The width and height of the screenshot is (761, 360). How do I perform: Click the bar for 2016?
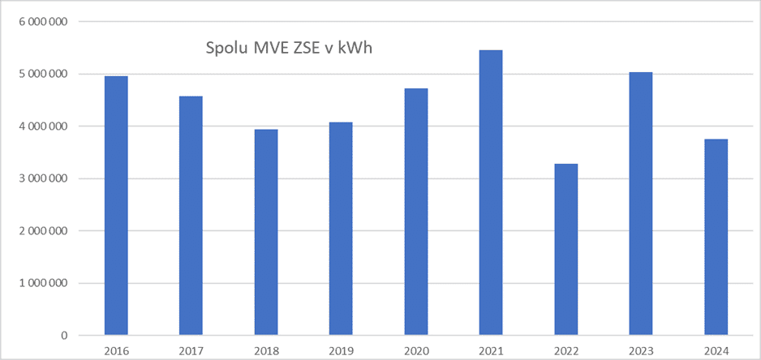(116, 205)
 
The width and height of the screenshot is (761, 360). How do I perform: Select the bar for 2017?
(191, 216)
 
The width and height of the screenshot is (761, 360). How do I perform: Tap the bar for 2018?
(266, 232)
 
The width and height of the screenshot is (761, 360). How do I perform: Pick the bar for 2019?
(341, 229)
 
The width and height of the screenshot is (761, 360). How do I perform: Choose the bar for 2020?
(416, 212)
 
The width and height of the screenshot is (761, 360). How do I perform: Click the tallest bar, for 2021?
(491, 193)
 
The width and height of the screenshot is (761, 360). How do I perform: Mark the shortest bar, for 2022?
(566, 250)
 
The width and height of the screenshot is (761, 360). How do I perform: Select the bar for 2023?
(641, 204)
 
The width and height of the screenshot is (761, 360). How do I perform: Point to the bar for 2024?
(716, 238)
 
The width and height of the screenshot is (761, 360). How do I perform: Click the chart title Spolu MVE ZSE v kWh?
(290, 49)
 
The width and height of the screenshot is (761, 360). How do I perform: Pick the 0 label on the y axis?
(62, 336)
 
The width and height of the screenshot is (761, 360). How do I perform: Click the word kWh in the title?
(357, 49)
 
